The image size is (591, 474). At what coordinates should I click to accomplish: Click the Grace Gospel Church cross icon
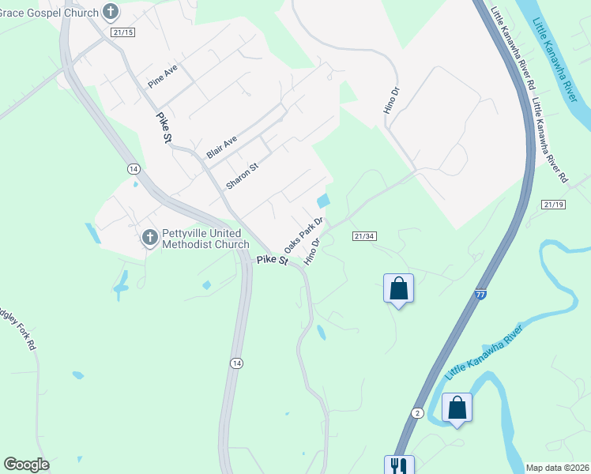pos(111,12)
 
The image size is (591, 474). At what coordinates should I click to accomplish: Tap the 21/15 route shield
pos(123,32)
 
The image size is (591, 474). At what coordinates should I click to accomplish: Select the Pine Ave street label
pos(163,77)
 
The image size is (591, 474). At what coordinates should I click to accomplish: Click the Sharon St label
pos(243,175)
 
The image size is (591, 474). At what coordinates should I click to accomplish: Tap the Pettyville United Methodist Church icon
pos(150,238)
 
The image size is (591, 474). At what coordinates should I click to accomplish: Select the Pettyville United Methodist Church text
pos(205,239)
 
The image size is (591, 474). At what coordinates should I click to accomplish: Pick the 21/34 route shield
pos(364,235)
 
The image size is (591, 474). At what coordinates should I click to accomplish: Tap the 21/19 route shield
pos(554,204)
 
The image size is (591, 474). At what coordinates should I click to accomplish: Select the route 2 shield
pos(417,412)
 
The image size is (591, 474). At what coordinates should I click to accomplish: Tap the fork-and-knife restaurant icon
pos(397,465)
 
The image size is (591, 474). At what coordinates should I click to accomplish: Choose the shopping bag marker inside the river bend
pos(457,408)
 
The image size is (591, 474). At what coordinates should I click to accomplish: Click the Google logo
pos(26,465)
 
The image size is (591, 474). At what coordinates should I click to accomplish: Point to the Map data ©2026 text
pos(557,468)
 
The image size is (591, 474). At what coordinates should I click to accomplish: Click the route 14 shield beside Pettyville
pos(133,169)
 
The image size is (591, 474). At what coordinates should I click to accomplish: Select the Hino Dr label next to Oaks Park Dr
pos(314,252)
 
